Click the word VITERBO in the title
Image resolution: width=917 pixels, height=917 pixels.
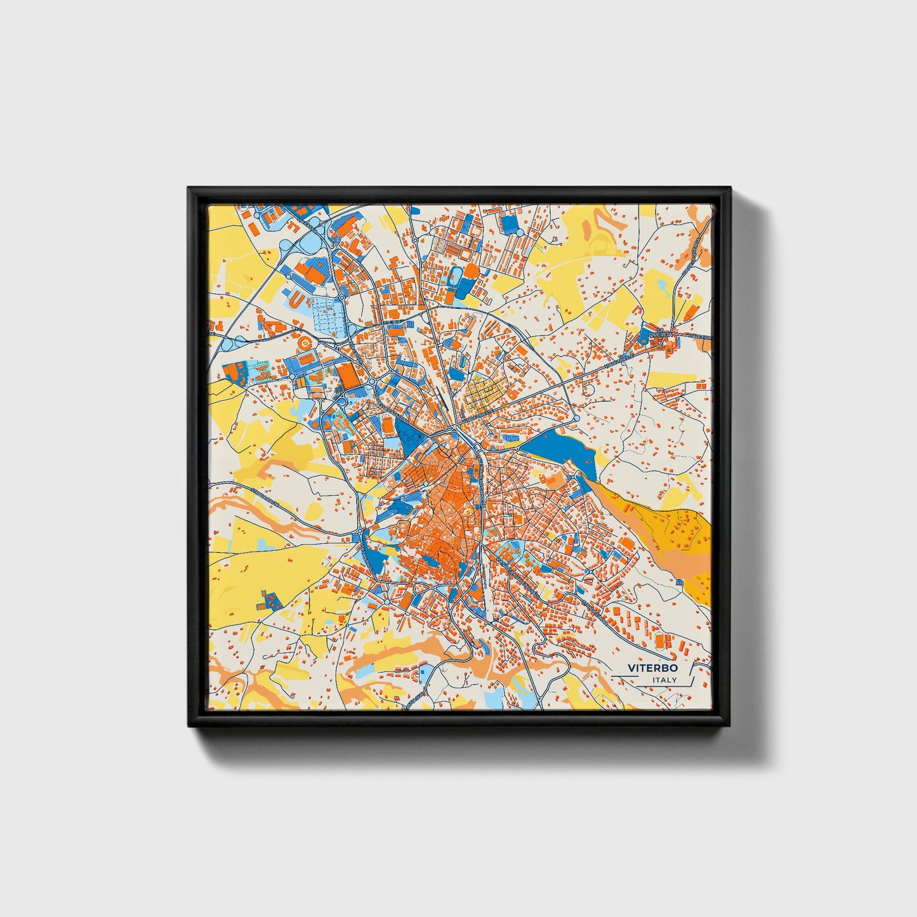tap(652, 668)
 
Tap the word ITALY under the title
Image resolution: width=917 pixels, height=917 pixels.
tap(664, 680)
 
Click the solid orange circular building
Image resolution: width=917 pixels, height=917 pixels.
tap(471, 271)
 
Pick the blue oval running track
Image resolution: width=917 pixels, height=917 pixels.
tap(454, 275)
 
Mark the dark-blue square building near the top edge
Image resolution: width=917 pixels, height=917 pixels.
tap(509, 223)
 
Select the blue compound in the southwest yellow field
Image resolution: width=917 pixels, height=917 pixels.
tap(271, 600)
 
